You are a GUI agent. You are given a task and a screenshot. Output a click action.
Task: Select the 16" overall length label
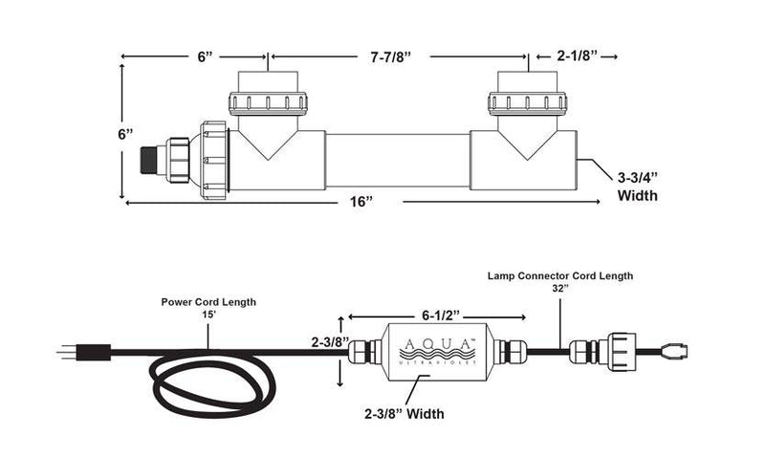360,202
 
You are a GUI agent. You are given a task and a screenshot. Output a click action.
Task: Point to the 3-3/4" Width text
639,186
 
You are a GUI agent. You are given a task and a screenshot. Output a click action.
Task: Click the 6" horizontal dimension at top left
204,57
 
